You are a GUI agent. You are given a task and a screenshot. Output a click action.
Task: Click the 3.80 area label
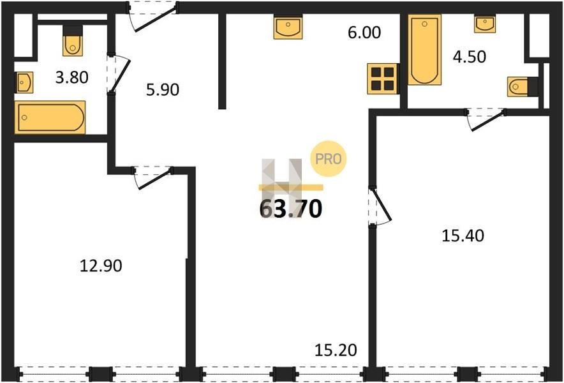point(72,77)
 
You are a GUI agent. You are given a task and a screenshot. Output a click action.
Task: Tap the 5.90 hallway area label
point(163,89)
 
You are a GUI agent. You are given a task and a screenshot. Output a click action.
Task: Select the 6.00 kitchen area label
point(364,33)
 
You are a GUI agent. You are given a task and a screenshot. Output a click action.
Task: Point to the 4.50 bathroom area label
point(470,57)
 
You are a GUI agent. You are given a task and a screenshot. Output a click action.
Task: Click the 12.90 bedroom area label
point(101,266)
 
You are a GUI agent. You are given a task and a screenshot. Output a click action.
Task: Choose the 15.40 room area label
point(463,236)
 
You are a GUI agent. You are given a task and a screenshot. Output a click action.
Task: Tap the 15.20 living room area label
point(336,350)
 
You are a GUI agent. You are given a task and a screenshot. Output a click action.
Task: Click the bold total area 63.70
point(291,209)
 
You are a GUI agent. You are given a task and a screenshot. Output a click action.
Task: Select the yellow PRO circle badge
point(329,159)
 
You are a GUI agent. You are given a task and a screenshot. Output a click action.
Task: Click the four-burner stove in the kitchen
point(382,79)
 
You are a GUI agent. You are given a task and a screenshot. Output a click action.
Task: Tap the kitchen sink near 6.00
point(288,27)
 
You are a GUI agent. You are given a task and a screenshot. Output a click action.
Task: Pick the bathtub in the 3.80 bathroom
point(50,117)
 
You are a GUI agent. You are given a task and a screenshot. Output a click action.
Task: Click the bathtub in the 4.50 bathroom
point(424,50)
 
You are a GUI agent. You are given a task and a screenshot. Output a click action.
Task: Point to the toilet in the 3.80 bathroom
point(73,41)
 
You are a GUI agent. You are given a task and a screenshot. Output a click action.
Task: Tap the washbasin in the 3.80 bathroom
point(24,82)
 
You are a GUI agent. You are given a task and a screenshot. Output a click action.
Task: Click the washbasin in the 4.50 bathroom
point(484,24)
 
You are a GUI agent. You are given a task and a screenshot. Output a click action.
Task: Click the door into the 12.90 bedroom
point(152,177)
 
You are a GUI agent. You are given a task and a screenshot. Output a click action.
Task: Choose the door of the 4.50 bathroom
point(486,119)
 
